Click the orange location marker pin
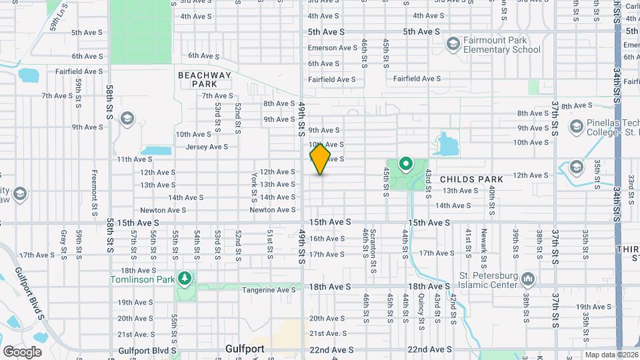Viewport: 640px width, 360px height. [320, 159]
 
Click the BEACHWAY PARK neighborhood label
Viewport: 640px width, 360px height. [205, 80]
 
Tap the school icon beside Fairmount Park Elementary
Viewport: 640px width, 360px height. [453, 45]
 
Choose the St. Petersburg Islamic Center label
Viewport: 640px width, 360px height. [489, 281]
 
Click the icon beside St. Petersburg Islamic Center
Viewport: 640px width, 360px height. [528, 278]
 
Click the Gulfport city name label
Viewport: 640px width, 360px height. [245, 349]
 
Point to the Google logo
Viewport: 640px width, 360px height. [22, 351]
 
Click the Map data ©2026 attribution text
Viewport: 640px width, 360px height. [611, 355]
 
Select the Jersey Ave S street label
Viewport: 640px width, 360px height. [207, 147]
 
